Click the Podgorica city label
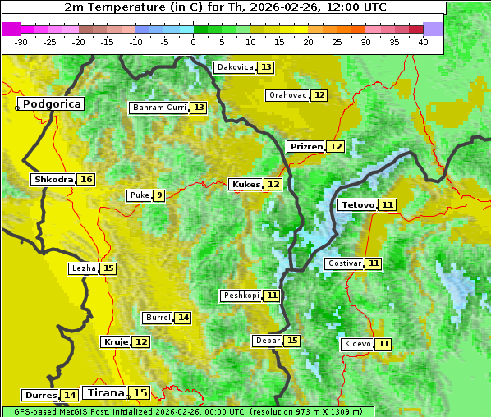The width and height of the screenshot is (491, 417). coord(51,104)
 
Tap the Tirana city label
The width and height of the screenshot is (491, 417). coord(105,392)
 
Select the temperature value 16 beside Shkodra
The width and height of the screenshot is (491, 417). coord(86,179)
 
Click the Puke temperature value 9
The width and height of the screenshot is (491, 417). coord(158,195)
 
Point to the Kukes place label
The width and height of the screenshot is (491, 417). coord(245,185)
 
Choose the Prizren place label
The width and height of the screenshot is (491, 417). coord(306,146)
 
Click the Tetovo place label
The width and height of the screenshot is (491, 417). coord(357,204)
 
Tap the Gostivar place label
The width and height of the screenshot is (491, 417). coord(343,263)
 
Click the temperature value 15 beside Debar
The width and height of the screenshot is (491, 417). coord(292,341)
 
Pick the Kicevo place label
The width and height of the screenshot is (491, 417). coord(358,344)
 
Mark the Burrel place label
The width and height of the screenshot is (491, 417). coord(158,318)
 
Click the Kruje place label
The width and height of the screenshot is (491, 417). coord(116,341)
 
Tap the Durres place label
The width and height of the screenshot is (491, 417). coord(40,396)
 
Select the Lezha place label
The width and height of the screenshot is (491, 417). coord(84,268)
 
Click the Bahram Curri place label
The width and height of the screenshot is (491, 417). coord(159,108)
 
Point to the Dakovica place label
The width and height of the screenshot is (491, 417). coord(234,67)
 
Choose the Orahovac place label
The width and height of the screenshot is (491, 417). coord(287,95)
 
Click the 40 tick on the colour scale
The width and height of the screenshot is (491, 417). coord(423,42)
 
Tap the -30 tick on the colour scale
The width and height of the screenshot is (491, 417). coord(21,42)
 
